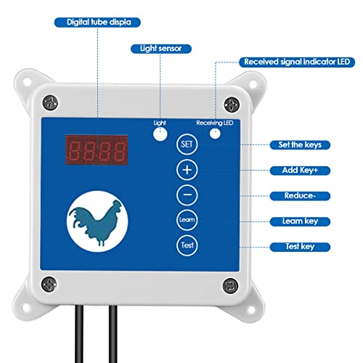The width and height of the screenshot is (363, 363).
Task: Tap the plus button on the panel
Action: [187, 170]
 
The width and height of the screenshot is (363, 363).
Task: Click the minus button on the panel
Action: [187, 195]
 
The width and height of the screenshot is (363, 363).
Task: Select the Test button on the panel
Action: [187, 245]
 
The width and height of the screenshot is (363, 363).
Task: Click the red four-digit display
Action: [97, 150]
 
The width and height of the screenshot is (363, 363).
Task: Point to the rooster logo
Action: [97, 221]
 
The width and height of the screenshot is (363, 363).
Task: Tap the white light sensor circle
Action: [160, 134]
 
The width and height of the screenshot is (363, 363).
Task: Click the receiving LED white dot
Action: [215, 134]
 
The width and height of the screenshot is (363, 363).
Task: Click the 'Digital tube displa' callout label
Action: [97, 23]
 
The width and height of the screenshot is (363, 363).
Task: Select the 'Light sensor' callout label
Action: [161, 49]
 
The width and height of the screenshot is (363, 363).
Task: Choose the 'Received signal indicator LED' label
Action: [297, 62]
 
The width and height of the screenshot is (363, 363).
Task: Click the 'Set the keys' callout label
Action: [300, 145]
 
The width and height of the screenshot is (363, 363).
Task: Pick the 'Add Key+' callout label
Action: [300, 171]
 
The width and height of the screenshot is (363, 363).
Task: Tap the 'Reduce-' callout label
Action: [300, 196]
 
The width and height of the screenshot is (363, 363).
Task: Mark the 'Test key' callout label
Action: [300, 247]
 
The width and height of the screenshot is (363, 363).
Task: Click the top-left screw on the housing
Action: [50, 102]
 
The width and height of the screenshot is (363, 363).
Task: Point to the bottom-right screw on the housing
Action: [230, 285]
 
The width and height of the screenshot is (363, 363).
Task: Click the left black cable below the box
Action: [79, 334]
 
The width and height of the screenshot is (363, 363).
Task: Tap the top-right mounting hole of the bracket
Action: [253, 84]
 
